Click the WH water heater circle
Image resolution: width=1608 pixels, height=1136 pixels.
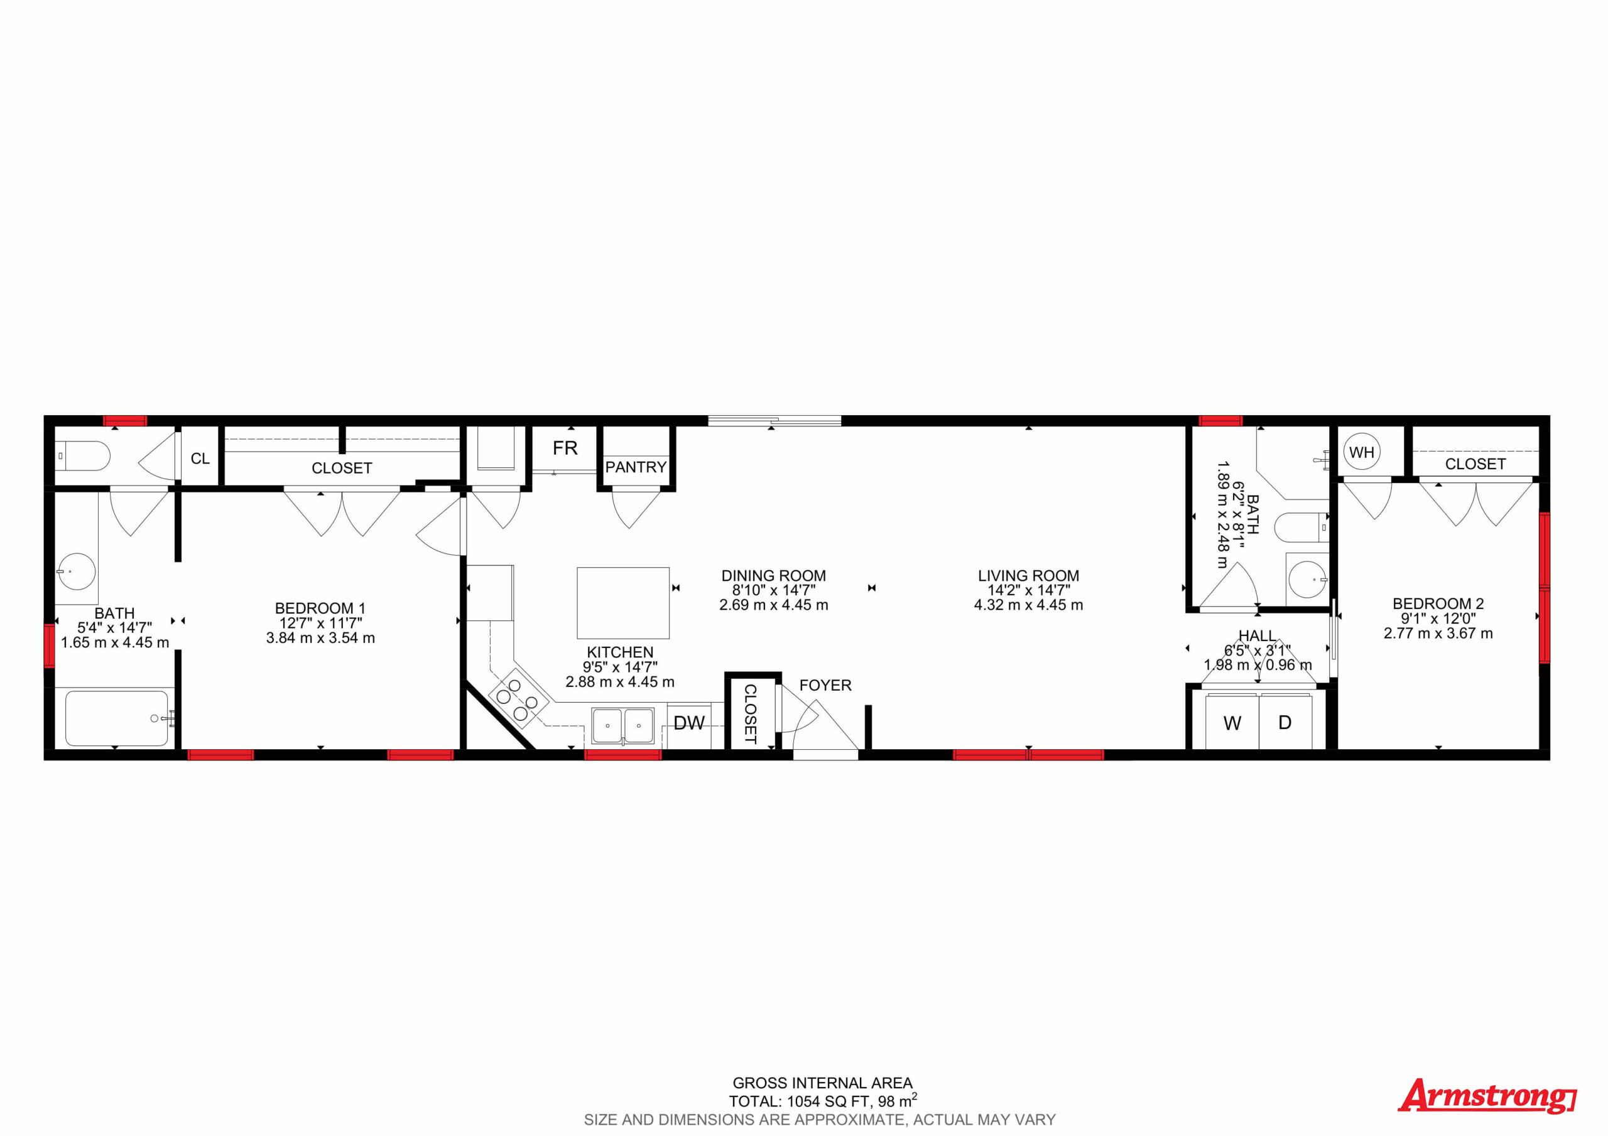1362,452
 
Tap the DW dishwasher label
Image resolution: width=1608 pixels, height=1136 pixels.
689,723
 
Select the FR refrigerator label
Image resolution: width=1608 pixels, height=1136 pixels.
565,448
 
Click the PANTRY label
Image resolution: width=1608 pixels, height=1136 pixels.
636,467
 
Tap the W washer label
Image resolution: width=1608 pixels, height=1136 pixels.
1232,723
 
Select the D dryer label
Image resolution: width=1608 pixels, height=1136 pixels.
1285,722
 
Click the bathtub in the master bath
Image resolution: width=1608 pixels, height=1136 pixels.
117,718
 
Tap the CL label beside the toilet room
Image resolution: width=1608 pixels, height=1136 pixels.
200,459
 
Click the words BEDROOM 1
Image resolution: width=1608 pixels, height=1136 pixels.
320,609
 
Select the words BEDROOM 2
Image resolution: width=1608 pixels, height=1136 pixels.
1438,603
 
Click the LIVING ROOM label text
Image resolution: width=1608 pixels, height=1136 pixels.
1028,576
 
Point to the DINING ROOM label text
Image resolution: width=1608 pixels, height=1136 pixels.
773,576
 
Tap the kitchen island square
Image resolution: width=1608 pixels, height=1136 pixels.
622,602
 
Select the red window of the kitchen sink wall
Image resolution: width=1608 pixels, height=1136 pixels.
622,754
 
